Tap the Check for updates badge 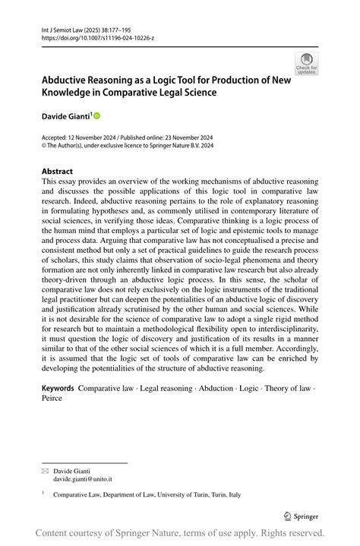pos(306,63)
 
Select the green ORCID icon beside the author pos(96,115)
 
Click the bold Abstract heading pos(58,172)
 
